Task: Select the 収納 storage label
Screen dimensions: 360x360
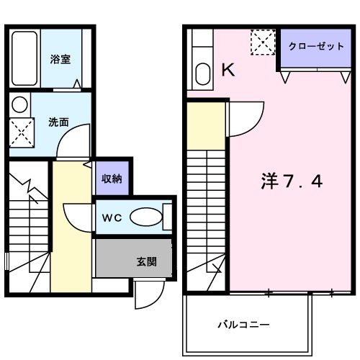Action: click(x=111, y=178)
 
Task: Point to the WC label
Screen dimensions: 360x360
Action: click(x=112, y=217)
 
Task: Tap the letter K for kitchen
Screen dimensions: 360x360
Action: click(x=228, y=70)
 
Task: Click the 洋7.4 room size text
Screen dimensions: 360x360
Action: click(x=291, y=181)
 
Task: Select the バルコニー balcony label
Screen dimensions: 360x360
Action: click(x=245, y=325)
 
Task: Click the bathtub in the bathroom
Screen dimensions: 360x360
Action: click(x=26, y=60)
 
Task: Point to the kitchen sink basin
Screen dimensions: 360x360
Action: click(x=202, y=73)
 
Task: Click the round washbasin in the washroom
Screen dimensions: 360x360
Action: click(x=21, y=104)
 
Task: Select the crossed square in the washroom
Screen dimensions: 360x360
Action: click(x=21, y=131)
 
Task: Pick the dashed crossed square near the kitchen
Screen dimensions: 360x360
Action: click(x=261, y=42)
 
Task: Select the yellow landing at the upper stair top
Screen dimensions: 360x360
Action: click(x=206, y=127)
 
